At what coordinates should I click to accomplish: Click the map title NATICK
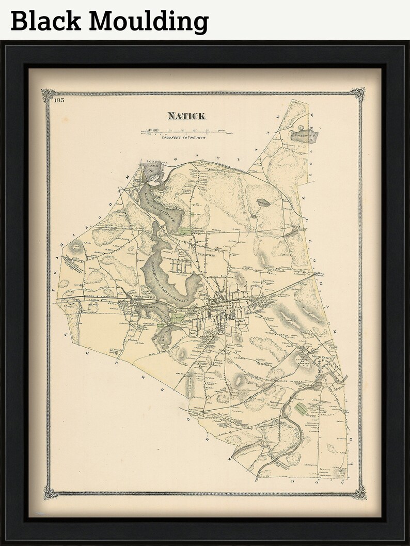[x=186, y=116]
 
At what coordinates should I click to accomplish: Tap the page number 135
[x=58, y=100]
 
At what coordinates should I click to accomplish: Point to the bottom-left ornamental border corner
[x=50, y=492]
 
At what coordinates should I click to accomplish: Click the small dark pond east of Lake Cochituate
[x=262, y=203]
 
